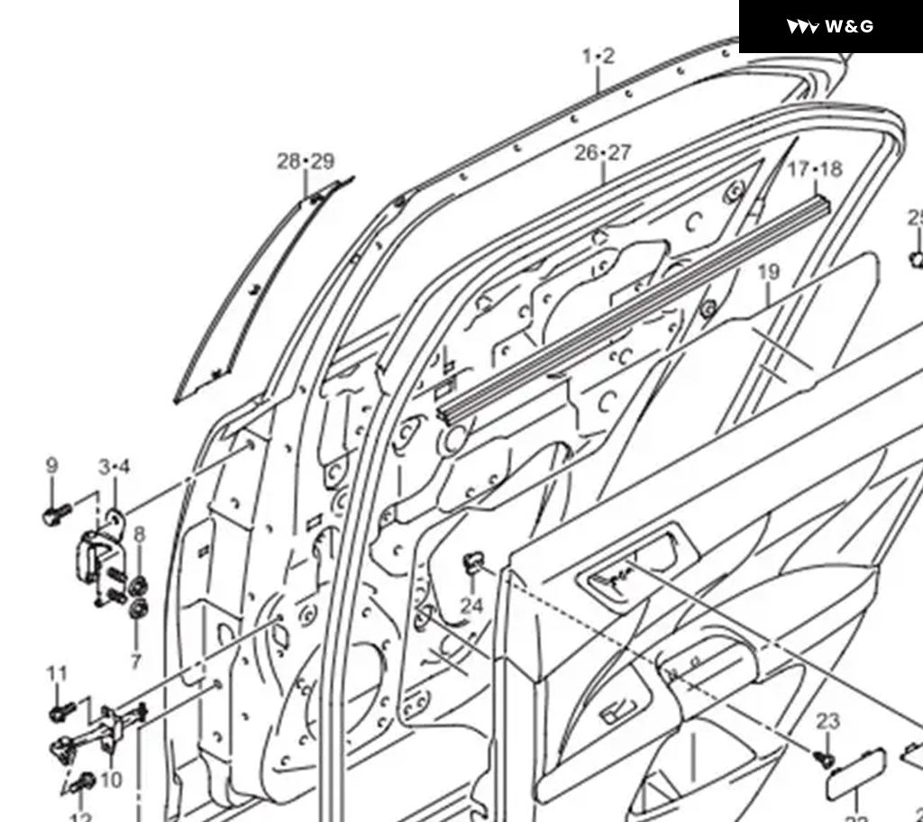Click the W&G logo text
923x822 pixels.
coord(848,26)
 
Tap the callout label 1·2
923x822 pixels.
coord(598,57)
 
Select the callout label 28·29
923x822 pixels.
coord(306,161)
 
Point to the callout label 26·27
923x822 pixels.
coord(603,152)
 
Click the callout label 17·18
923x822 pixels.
coord(814,169)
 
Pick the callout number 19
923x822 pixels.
coord(768,272)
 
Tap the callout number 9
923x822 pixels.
coord(51,466)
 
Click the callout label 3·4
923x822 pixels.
coord(114,467)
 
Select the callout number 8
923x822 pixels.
coord(139,534)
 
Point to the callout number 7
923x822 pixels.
coord(135,662)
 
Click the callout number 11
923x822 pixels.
coord(57,673)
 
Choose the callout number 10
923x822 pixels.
coord(111,780)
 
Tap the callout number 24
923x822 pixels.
coord(471,606)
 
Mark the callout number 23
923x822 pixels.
coord(827,721)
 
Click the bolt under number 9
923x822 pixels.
coord(54,516)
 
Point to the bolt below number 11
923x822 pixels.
coord(59,713)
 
